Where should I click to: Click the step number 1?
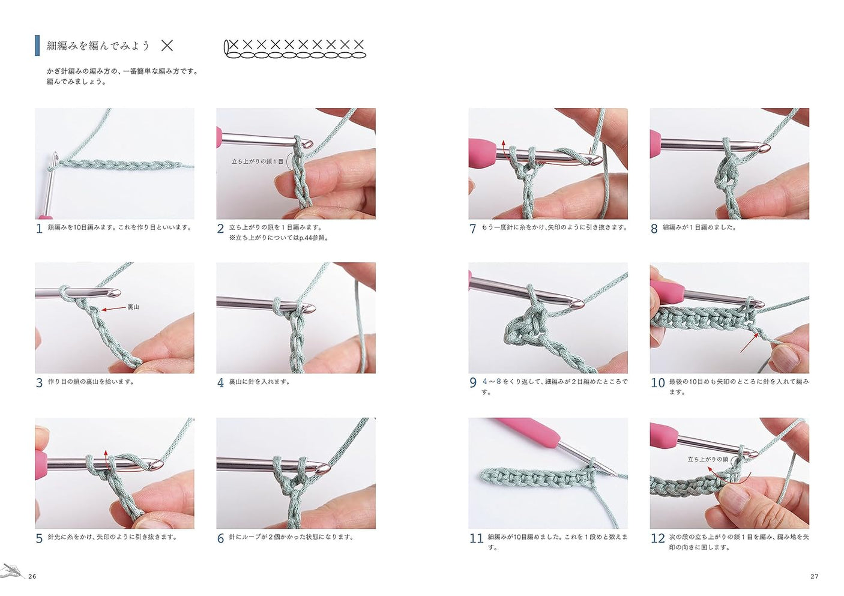[39, 229]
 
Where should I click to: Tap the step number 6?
[220, 538]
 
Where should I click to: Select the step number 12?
[657, 538]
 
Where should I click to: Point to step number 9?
[473, 383]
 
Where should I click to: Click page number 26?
[32, 576]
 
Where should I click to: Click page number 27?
[814, 576]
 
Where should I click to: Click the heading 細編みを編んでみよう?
[98, 46]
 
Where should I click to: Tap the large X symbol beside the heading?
[167, 46]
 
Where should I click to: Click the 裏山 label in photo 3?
[133, 307]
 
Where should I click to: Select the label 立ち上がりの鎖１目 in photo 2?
[257, 161]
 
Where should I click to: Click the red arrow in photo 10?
[749, 342]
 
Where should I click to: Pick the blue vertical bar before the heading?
[37, 46]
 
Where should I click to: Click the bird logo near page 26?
[12, 571]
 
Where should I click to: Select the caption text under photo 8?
[699, 227]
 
